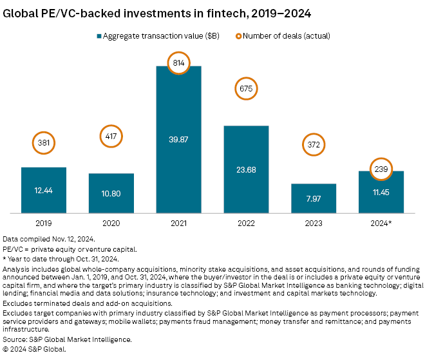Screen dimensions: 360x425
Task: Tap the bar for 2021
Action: point(179,138)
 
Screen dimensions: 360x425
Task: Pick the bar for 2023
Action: point(314,198)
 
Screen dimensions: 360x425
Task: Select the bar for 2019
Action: point(44,189)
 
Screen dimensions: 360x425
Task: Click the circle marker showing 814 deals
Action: point(179,64)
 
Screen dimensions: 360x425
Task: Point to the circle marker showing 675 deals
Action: point(247,88)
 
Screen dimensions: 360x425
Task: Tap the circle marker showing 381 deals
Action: point(44,144)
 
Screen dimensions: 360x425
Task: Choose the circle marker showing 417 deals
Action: point(111,137)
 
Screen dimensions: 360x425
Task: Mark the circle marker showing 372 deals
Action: point(314,146)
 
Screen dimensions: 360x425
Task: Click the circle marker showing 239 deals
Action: point(381,169)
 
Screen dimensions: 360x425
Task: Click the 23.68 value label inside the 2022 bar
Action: point(247,169)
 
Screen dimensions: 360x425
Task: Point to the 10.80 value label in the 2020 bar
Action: point(111,193)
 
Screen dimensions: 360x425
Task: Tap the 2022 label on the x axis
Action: point(247,223)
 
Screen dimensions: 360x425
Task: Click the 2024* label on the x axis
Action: point(381,223)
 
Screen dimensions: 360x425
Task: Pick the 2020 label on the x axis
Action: point(111,223)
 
